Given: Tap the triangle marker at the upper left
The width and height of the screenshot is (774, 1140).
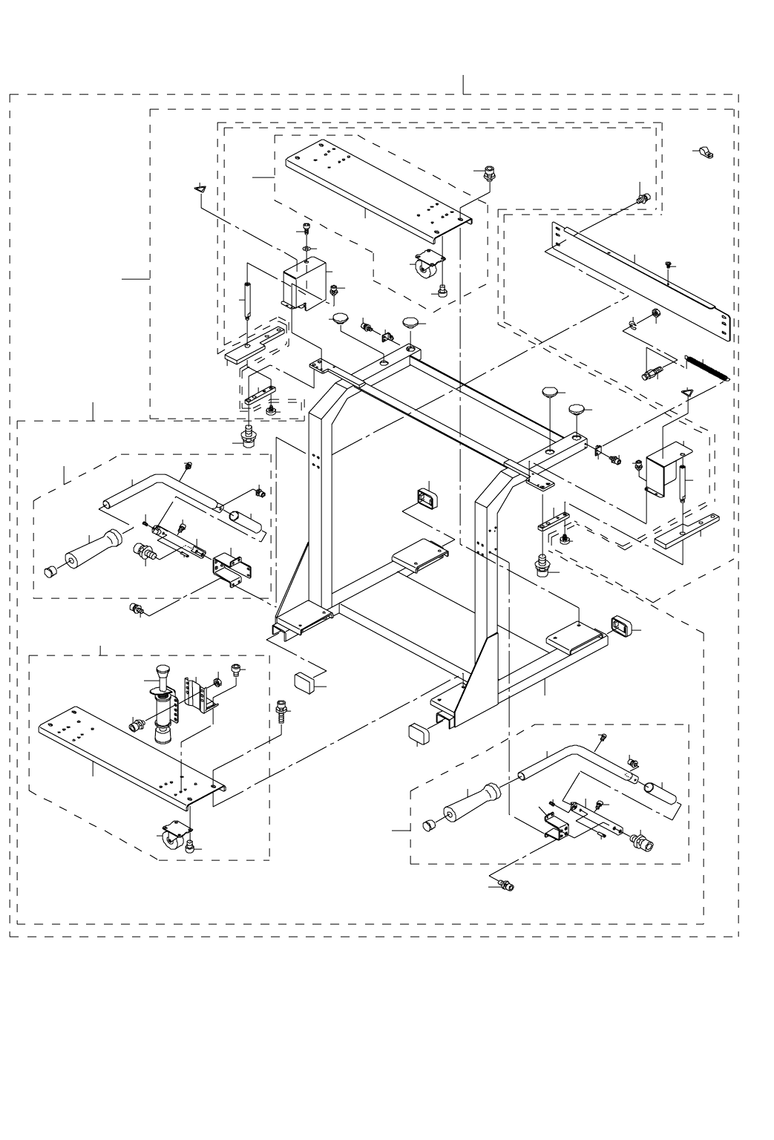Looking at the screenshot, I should [x=199, y=190].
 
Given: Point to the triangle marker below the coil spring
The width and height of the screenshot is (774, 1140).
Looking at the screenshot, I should [x=687, y=393].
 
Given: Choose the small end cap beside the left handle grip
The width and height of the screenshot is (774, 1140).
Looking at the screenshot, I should [x=50, y=571].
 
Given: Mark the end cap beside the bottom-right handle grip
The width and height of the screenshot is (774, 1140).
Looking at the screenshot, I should [x=427, y=825].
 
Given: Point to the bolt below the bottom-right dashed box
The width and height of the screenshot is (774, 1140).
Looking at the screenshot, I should [x=506, y=885].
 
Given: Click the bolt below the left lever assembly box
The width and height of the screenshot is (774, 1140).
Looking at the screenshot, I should [x=136, y=609].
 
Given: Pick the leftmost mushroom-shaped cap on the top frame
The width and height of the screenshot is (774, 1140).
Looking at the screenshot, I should [x=341, y=319].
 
